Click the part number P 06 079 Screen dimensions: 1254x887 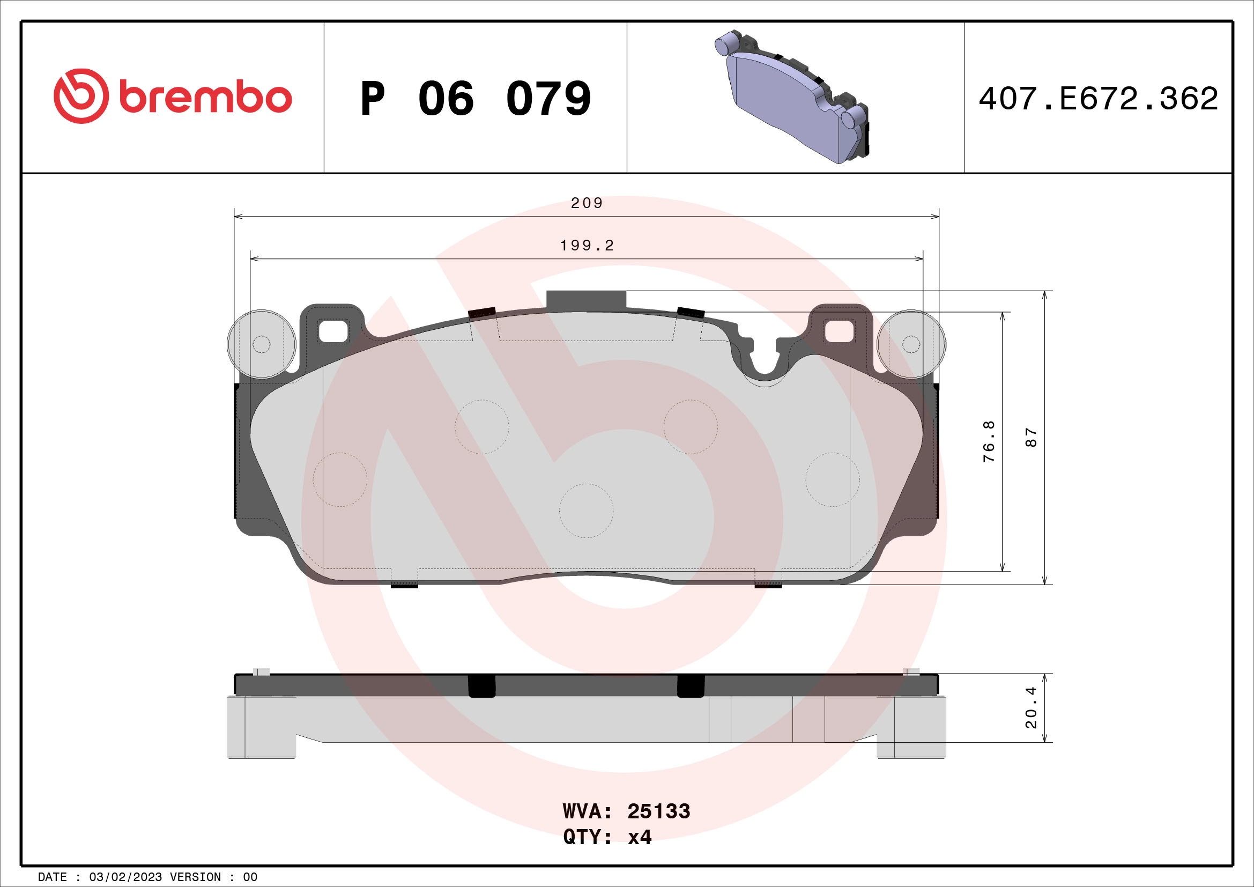(x=475, y=98)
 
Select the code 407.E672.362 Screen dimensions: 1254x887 (x=1099, y=98)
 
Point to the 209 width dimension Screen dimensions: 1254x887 (x=587, y=203)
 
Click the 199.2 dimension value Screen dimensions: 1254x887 (x=587, y=246)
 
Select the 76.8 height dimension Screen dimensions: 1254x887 (x=989, y=441)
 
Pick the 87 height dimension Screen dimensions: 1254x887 (x=1030, y=438)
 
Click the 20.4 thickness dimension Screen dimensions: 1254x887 (x=1030, y=707)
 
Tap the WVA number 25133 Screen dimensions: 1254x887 (x=659, y=811)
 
